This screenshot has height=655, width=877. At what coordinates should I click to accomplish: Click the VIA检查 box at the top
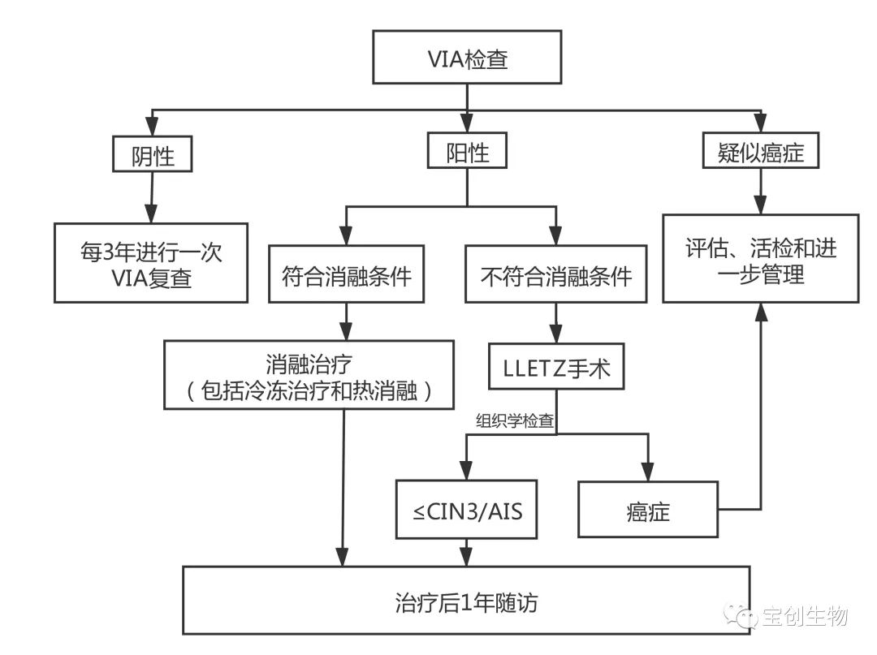(467, 58)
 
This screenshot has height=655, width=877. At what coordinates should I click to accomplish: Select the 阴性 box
(153, 154)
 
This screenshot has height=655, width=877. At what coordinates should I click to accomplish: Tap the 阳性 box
(467, 153)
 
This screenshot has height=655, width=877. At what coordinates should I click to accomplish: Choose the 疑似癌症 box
(761, 153)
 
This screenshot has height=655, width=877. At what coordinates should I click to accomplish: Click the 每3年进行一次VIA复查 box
(151, 263)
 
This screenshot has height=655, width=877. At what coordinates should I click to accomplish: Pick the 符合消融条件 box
(347, 276)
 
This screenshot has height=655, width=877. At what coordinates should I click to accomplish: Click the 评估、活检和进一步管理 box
(760, 259)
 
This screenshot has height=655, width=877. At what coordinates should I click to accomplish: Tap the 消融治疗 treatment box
(308, 375)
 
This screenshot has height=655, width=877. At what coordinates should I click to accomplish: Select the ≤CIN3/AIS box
(466, 510)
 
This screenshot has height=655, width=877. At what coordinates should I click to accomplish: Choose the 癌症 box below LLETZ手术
(647, 510)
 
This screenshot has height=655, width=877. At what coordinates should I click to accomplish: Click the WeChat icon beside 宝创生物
(743, 616)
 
